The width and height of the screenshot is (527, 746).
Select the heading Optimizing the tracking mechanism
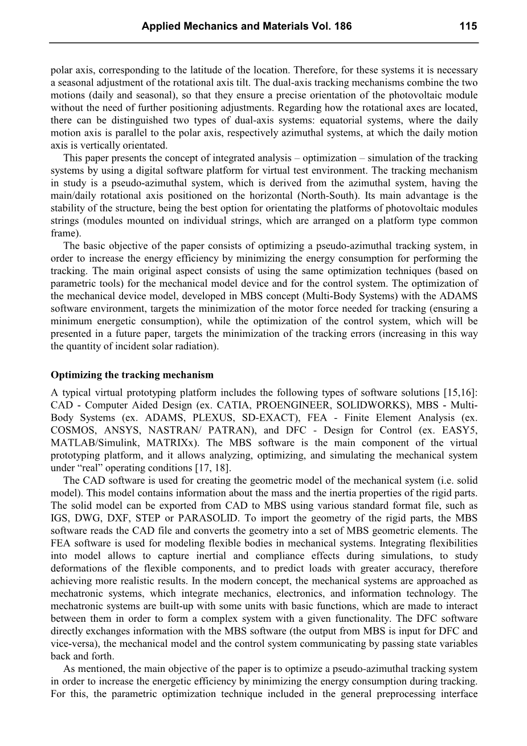132,375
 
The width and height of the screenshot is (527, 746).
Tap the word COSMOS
72,430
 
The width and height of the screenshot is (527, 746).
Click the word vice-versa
75,643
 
